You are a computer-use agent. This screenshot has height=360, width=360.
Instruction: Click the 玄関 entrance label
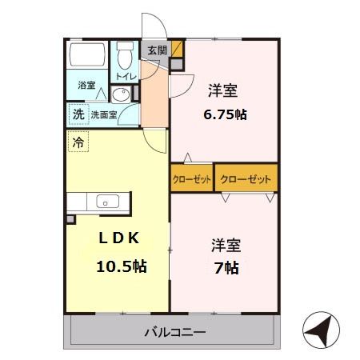tap(157, 50)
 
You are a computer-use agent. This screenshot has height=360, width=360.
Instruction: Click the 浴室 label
tap(86, 85)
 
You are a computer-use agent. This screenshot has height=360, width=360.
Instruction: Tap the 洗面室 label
tap(104, 115)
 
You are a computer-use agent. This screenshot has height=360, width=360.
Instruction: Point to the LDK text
tap(118, 238)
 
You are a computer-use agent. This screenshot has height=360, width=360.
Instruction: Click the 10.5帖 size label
tap(120, 266)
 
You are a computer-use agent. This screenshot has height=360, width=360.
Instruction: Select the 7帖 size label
tap(226, 267)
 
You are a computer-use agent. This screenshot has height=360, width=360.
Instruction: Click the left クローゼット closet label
tap(192, 179)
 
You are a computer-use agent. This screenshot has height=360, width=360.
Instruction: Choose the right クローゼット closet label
tap(246, 179)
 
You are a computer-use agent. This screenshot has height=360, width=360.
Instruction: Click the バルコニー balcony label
tap(175, 330)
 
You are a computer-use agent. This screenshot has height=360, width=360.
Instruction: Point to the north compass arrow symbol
tap(318, 329)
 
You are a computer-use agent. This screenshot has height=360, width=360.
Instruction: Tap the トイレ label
tap(126, 76)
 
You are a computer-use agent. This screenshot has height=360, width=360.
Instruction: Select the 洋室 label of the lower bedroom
tap(226, 243)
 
